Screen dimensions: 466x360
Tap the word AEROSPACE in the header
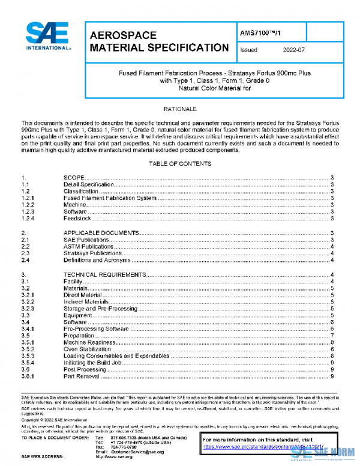tap(123, 35)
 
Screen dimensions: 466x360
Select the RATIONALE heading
tap(180, 110)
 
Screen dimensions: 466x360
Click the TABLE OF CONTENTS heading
tap(180, 164)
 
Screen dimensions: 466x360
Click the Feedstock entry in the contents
tap(77, 218)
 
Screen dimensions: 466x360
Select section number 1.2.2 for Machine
tap(28, 205)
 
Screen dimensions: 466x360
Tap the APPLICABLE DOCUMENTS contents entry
tap(101, 232)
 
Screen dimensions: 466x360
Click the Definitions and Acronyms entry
tap(97, 260)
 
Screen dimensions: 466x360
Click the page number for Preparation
tap(332, 336)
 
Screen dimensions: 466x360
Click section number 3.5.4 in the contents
tap(28, 363)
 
